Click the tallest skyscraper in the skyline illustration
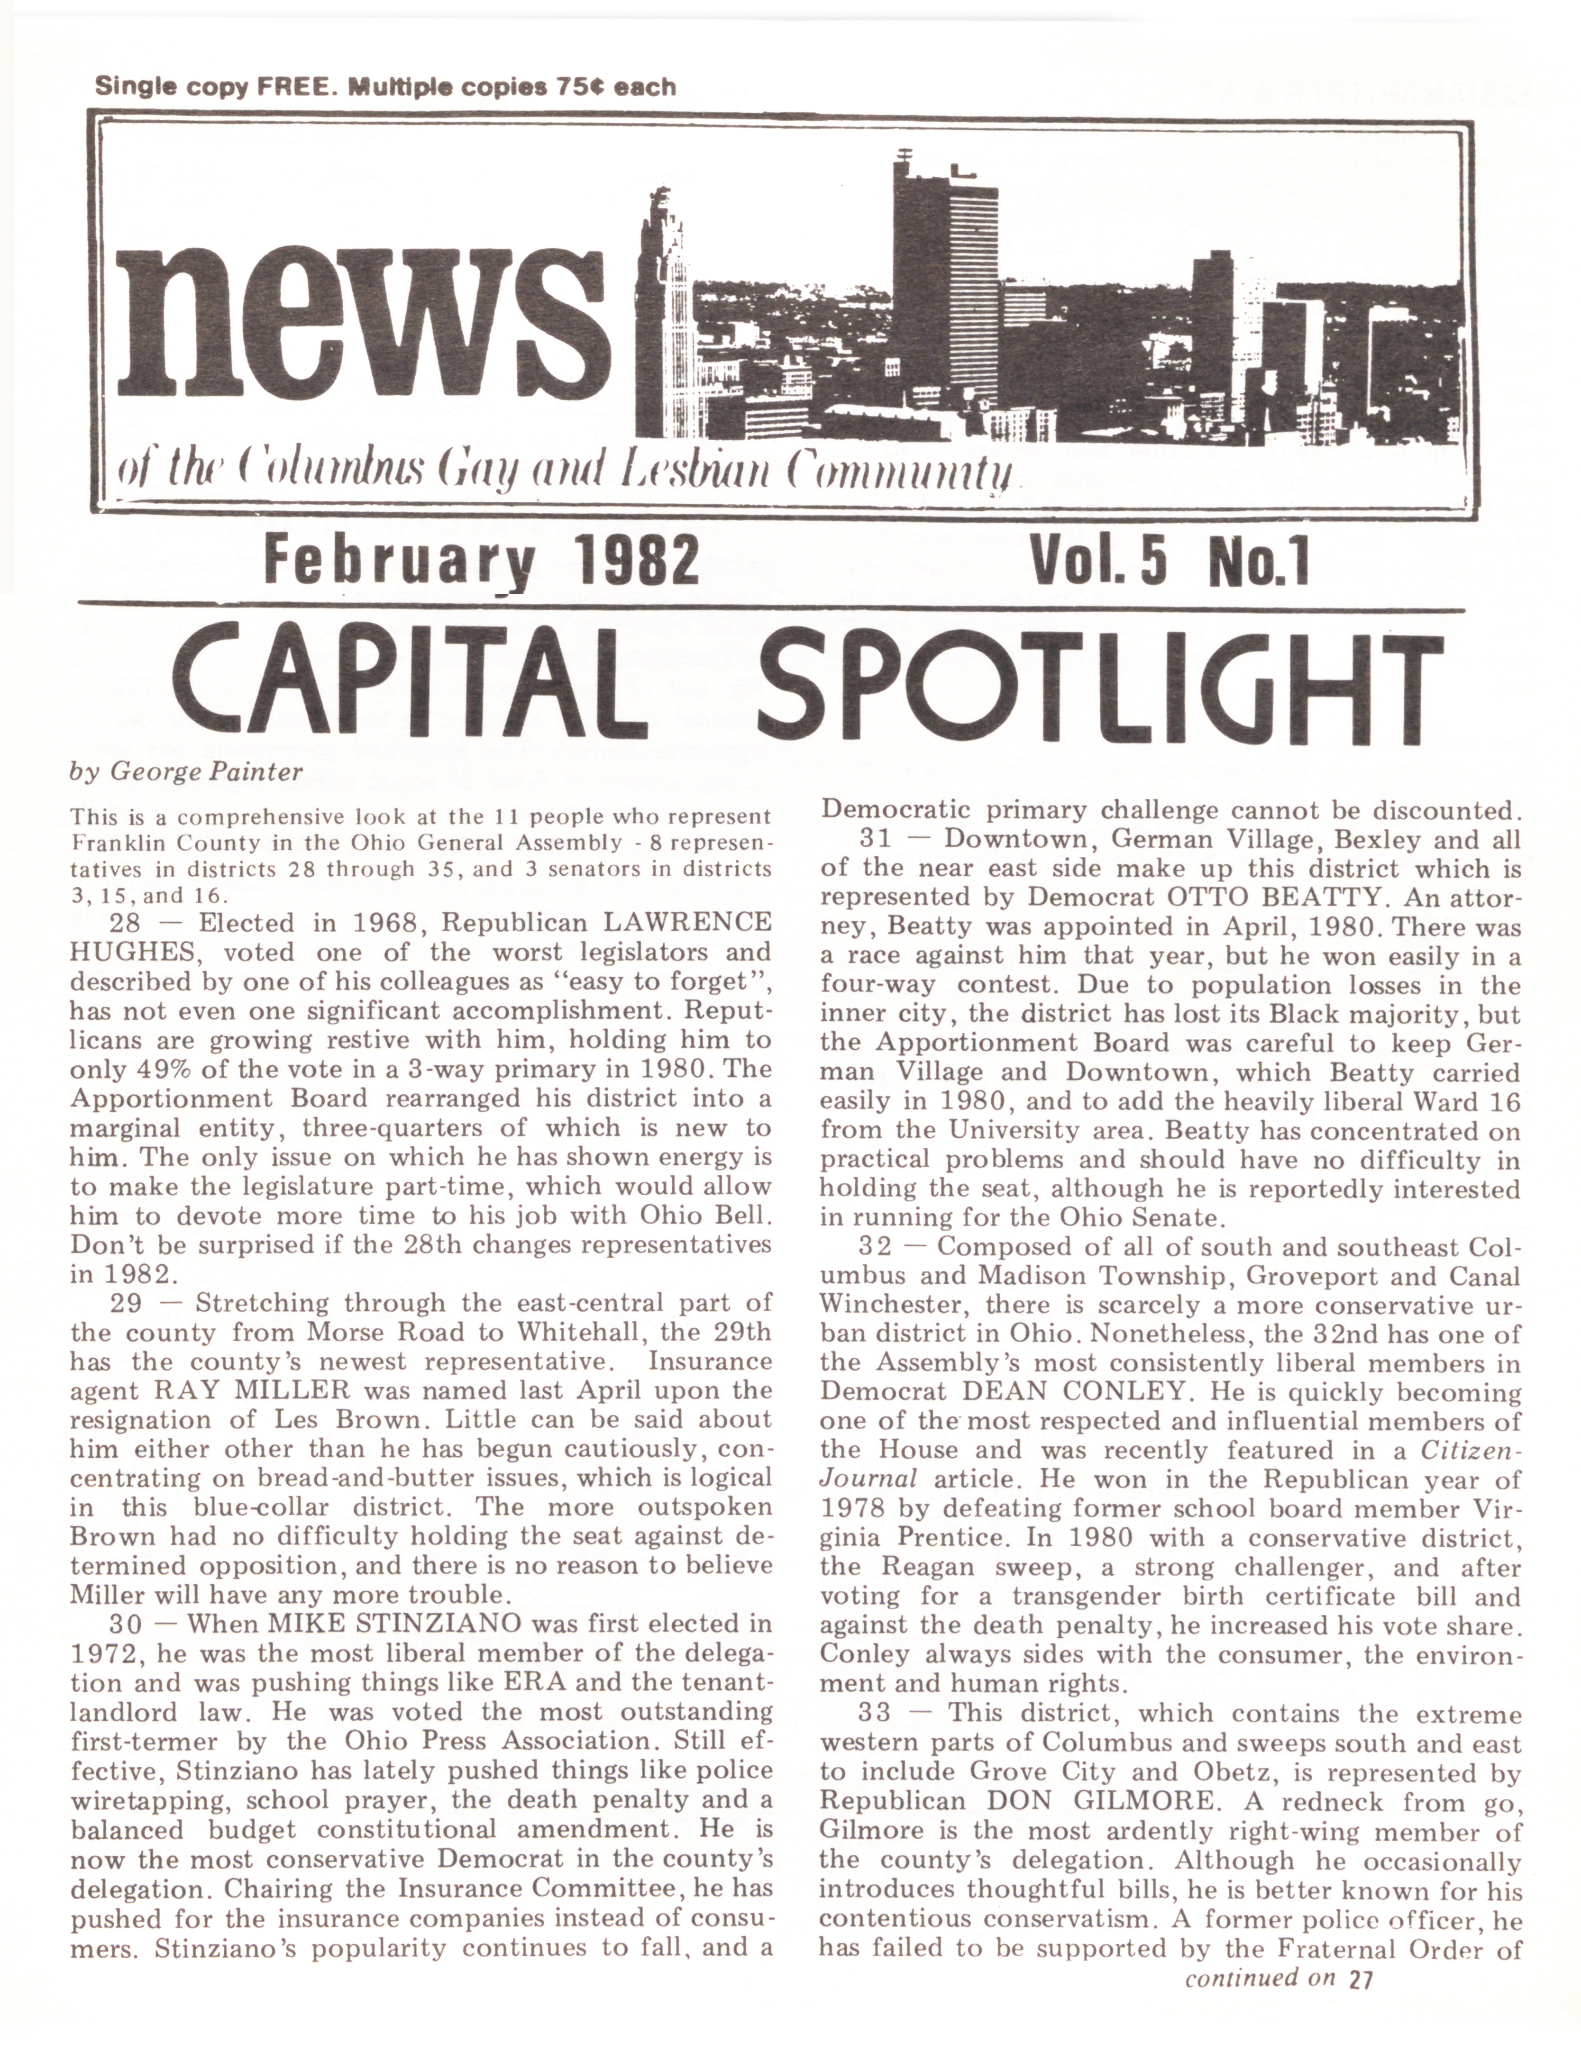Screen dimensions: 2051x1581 pos(944,282)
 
